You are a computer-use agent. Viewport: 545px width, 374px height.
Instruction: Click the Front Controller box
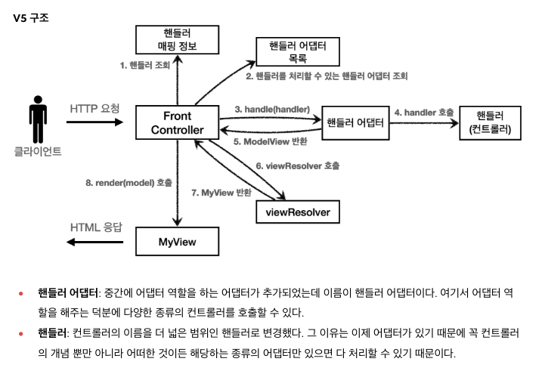pos(178,122)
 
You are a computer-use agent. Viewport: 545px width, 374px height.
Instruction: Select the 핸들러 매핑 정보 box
pos(178,39)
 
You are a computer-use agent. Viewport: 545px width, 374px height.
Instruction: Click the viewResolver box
pos(298,212)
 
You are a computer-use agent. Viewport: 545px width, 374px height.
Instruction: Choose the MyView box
pos(178,243)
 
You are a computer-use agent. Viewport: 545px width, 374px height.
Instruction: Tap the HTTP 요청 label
pos(94,108)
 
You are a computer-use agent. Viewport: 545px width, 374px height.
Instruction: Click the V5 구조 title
pos(31,17)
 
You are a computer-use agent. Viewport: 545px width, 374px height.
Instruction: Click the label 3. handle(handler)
pos(268,110)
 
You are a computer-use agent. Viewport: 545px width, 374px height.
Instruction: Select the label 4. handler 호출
pos(424,112)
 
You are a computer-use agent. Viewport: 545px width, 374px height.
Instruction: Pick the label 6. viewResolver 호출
pos(297,165)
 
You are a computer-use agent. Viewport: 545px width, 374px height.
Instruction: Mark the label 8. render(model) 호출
pos(129,182)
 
